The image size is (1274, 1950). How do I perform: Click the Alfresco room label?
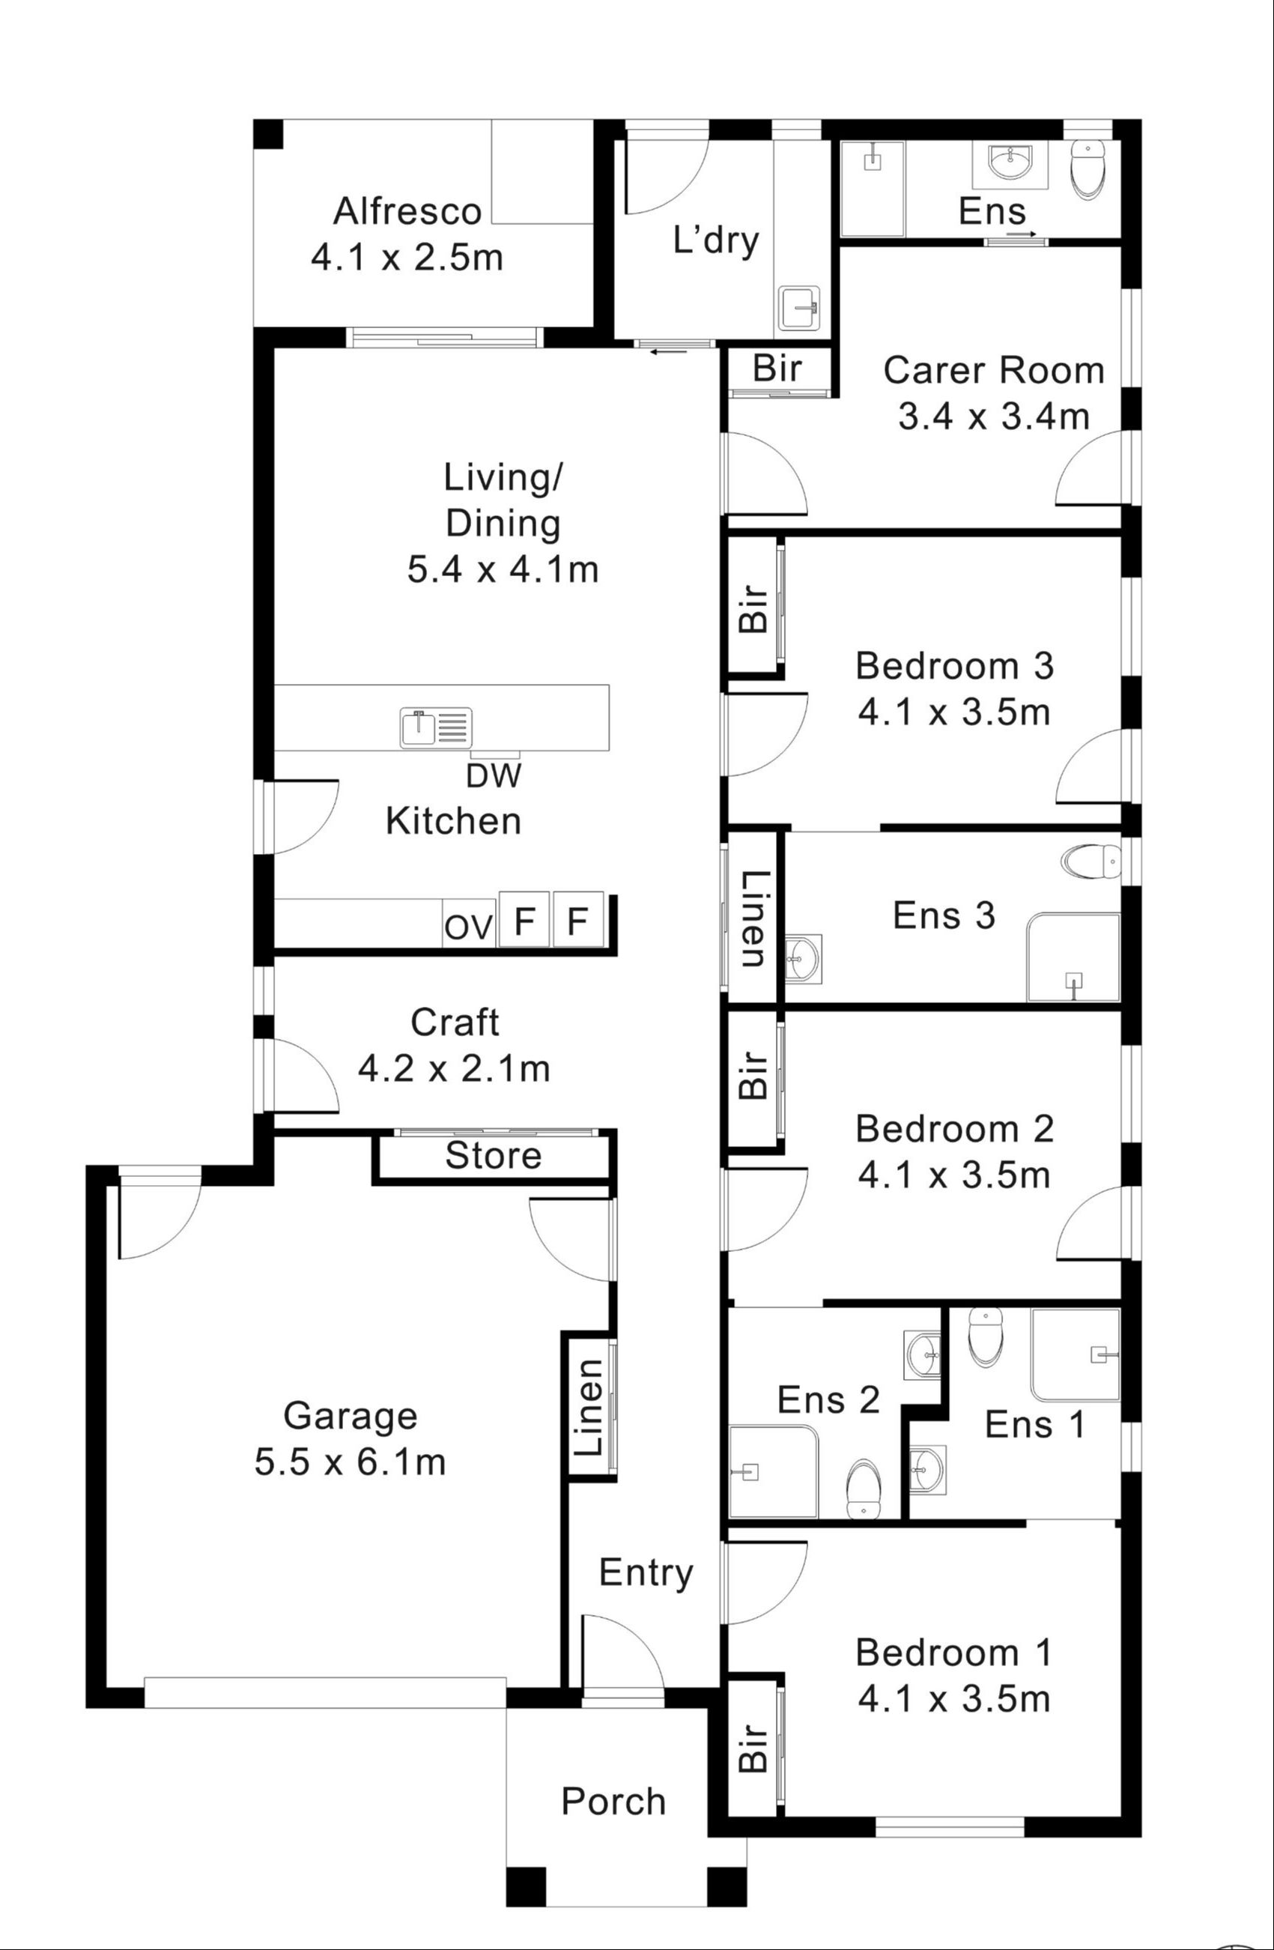click(407, 211)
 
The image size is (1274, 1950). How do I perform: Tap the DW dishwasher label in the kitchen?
click(494, 775)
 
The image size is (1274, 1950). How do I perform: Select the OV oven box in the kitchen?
click(469, 927)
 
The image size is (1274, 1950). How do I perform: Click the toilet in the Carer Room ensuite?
click(1088, 169)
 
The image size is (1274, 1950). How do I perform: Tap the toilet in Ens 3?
click(1091, 862)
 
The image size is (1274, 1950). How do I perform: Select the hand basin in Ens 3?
click(803, 957)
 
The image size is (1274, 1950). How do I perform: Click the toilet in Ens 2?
click(863, 1488)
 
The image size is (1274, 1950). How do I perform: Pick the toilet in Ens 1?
click(985, 1336)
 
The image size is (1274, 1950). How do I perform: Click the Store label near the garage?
click(494, 1156)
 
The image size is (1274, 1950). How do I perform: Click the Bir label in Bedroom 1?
click(753, 1748)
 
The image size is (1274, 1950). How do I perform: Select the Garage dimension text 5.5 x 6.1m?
click(350, 1462)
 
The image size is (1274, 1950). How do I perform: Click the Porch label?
click(613, 1802)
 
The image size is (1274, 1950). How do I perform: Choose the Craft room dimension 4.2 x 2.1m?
click(454, 1068)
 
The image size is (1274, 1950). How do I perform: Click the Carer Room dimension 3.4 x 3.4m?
click(993, 417)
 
